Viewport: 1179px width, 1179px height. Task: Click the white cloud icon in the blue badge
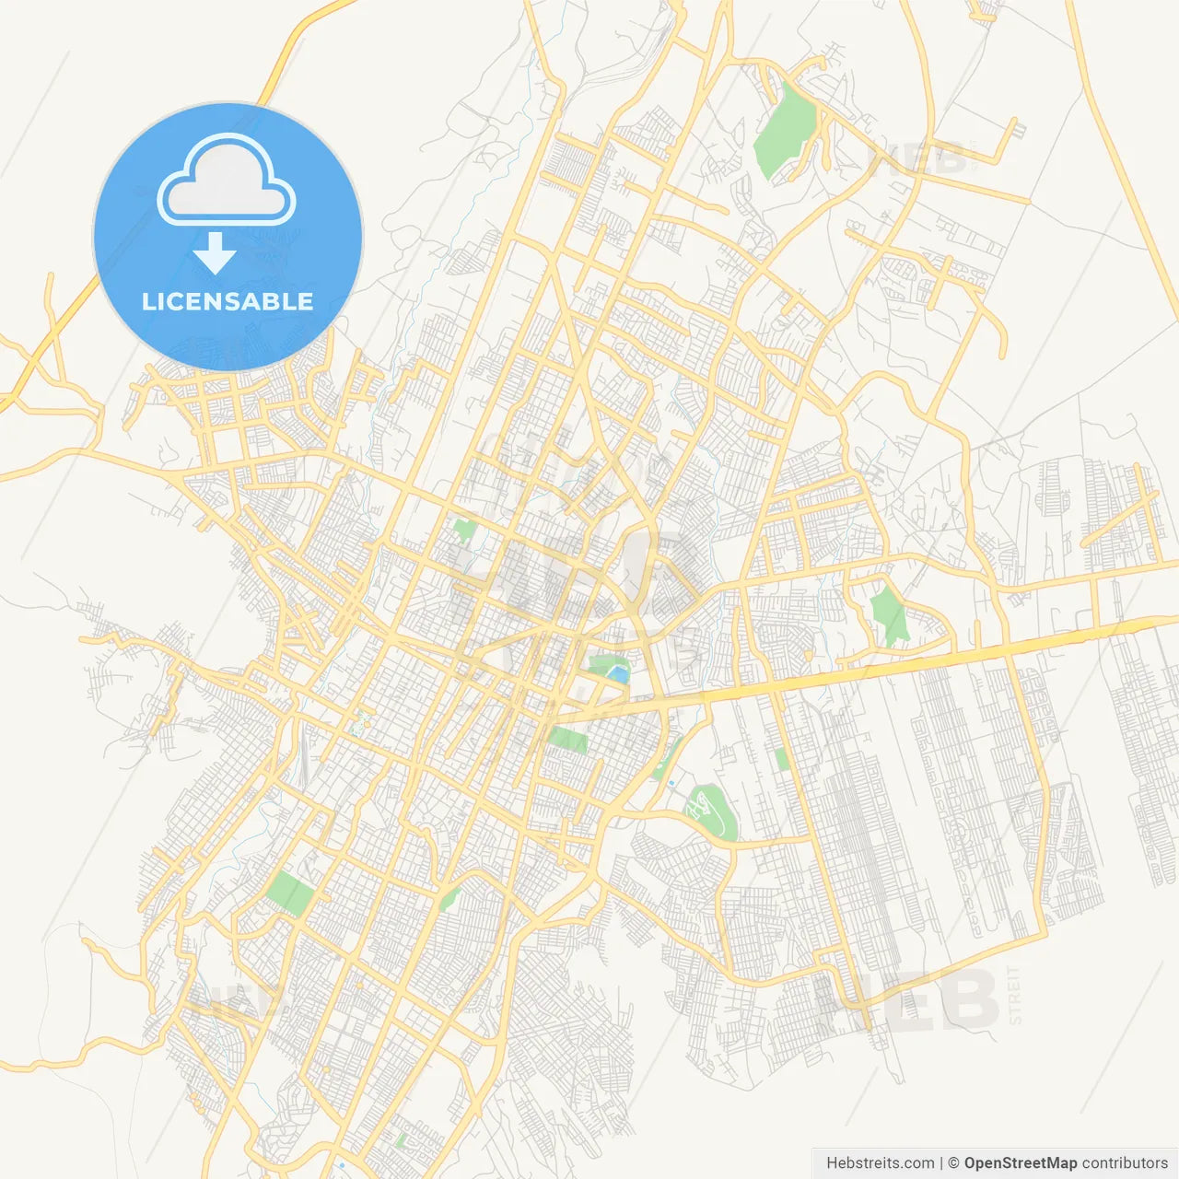[227, 180]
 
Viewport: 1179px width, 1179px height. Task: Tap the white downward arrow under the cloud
[215, 253]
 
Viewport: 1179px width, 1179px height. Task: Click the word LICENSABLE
[228, 301]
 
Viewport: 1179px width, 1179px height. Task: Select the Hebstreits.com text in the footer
[880, 1163]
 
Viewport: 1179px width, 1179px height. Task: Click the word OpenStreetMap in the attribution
[1020, 1163]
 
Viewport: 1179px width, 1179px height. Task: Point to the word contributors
[1125, 1163]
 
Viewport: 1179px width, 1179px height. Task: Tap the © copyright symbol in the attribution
[953, 1163]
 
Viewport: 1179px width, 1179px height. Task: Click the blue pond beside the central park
[618, 674]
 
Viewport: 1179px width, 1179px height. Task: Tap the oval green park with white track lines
[709, 811]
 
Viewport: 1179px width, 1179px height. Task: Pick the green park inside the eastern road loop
[889, 615]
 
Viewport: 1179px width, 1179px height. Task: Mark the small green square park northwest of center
[464, 530]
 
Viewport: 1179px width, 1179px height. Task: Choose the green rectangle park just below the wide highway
[567, 739]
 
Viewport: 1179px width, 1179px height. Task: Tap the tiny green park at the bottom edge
[402, 1139]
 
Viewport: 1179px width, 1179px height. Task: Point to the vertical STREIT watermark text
[1015, 995]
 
